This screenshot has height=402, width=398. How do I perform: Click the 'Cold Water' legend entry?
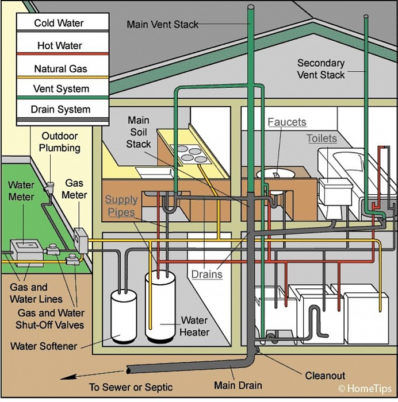click(59, 23)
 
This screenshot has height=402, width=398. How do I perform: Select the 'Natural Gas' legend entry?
click(60, 69)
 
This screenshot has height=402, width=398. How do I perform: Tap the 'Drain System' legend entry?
click(60, 109)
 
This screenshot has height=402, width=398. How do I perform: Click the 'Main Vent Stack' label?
click(162, 24)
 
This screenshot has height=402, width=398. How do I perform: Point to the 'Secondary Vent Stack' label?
click(321, 69)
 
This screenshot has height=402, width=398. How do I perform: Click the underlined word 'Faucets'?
click(287, 122)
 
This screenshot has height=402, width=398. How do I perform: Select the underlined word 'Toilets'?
click(322, 138)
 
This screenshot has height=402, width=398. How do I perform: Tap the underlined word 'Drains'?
click(207, 275)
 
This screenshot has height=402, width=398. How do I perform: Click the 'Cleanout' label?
click(325, 376)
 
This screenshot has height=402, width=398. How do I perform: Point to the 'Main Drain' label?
click(238, 385)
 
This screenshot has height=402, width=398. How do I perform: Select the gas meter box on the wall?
click(81, 241)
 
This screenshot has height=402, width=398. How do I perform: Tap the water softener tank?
click(124, 317)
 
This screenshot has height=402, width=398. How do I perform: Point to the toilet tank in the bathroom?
click(335, 191)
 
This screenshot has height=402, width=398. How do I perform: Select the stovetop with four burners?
click(191, 154)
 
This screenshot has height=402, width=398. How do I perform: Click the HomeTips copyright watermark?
click(365, 389)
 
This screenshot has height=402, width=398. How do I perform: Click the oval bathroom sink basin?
click(275, 174)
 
